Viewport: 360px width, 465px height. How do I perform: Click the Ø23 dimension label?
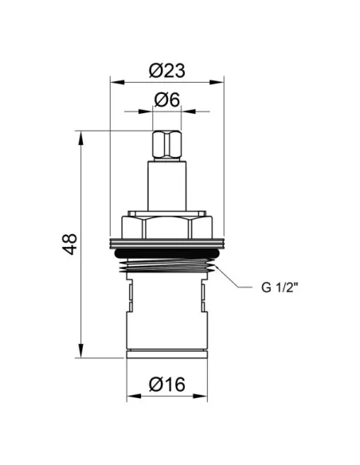[x=167, y=71]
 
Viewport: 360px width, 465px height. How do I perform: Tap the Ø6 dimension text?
[x=167, y=100]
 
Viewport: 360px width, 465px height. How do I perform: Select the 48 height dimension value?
[x=69, y=244]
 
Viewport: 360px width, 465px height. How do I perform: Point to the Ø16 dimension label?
[x=167, y=384]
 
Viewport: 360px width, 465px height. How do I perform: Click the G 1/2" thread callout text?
[x=280, y=287]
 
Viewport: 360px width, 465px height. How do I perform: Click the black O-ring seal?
[x=167, y=253]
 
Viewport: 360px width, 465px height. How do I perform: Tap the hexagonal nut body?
[x=167, y=227]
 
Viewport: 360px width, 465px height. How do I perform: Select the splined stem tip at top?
[x=167, y=145]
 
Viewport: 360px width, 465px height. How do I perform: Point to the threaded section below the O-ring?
[x=167, y=265]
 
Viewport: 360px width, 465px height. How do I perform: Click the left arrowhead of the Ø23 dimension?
[x=117, y=82]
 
